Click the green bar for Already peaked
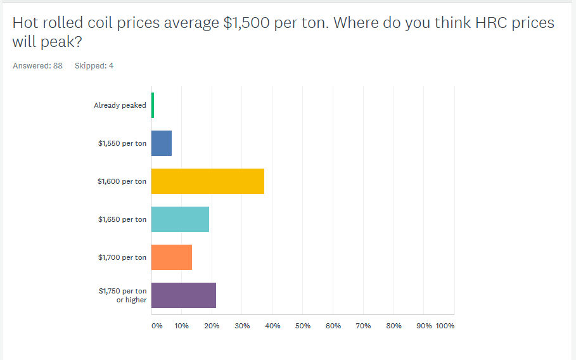[153, 105]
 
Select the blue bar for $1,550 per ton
[162, 143]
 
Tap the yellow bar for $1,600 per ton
[208, 181]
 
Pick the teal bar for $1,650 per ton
[181, 219]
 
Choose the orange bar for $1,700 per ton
[172, 257]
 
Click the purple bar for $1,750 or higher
[184, 295]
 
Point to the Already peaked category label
[120, 105]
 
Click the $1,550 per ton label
[122, 143]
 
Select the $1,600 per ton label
[122, 181]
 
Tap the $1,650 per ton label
[122, 219]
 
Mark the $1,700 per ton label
[122, 257]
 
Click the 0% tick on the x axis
[157, 326]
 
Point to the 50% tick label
[303, 326]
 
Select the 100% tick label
[445, 326]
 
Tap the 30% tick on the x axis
[242, 326]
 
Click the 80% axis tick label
[394, 326]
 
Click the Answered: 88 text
[37, 65]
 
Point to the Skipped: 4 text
[94, 65]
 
